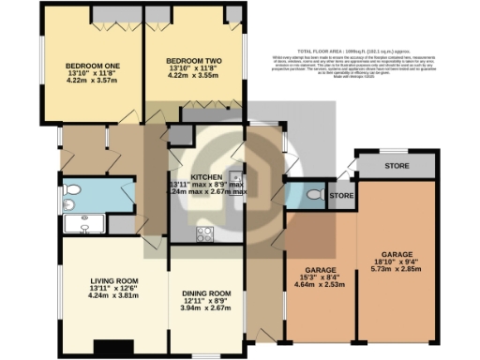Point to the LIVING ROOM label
(114, 281)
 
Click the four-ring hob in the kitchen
(202, 232)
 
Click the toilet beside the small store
(313, 196)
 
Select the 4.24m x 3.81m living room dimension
(114, 295)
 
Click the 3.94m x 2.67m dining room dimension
(205, 307)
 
